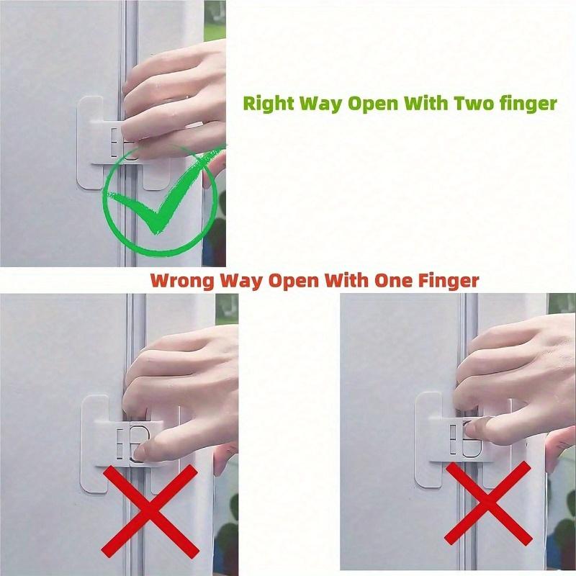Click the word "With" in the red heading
point(346,281)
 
